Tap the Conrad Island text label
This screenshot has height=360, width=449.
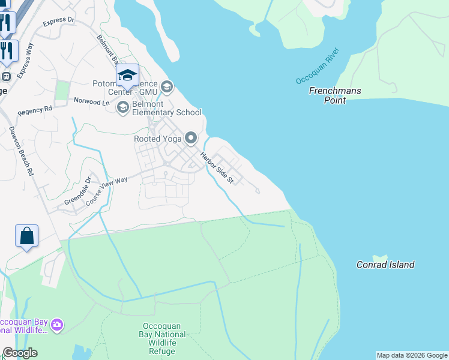(385, 265)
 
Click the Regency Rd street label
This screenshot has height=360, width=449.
(35, 111)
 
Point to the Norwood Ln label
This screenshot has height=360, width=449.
(92, 102)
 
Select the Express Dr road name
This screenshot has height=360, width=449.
(59, 22)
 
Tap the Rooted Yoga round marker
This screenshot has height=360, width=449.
(191, 139)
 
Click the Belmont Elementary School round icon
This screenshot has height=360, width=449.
(123, 107)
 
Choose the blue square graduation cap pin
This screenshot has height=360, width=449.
(127, 75)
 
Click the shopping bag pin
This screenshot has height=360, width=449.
(27, 236)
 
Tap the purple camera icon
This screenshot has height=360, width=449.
(57, 325)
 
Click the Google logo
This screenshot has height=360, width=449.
(20, 353)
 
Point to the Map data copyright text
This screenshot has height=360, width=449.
(412, 355)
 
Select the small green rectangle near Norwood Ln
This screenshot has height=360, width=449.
(62, 91)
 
